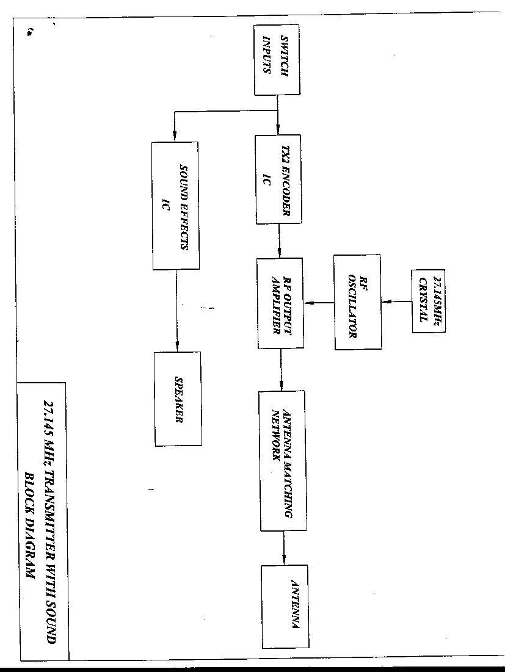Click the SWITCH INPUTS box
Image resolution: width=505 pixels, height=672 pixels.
point(277,60)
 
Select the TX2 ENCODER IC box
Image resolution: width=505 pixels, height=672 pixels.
point(278,179)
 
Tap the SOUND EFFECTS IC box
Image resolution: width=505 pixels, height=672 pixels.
point(175,205)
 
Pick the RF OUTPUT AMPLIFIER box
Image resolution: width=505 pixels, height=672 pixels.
point(280,303)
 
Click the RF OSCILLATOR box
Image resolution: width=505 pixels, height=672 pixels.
point(358,302)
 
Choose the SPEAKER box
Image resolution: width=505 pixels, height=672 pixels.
point(178,399)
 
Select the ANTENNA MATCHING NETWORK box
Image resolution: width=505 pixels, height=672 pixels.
point(282,460)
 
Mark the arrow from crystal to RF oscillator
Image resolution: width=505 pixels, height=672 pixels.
point(398,302)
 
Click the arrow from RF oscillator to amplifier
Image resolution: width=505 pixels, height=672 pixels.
point(319,302)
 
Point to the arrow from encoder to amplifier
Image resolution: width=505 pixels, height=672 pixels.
point(280,240)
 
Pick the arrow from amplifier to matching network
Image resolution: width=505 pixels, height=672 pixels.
point(281,369)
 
